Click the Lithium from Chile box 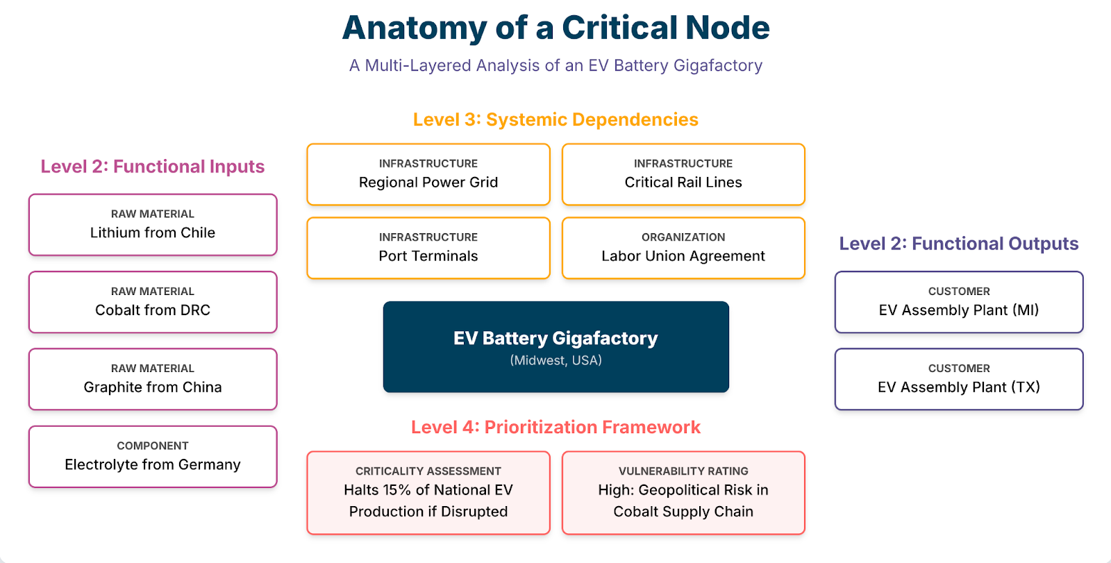pyautogui.click(x=153, y=225)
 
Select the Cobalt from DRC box pyautogui.click(x=153, y=302)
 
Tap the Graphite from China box pyautogui.click(x=153, y=379)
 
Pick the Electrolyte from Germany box pyautogui.click(x=153, y=457)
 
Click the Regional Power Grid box pyautogui.click(x=428, y=174)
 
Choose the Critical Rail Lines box pyautogui.click(x=683, y=174)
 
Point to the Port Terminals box pyautogui.click(x=428, y=248)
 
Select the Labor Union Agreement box pyautogui.click(x=683, y=248)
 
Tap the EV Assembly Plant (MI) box pyautogui.click(x=959, y=302)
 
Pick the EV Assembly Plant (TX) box pyautogui.click(x=959, y=379)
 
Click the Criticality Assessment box pyautogui.click(x=428, y=493)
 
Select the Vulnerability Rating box pyautogui.click(x=683, y=493)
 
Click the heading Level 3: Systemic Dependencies pyautogui.click(x=555, y=119)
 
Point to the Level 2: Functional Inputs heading pyautogui.click(x=153, y=167)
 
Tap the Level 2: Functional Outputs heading pyautogui.click(x=959, y=244)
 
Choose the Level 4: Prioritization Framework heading pyautogui.click(x=555, y=427)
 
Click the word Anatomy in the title pyautogui.click(x=415, y=28)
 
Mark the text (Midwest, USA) pyautogui.click(x=555, y=360)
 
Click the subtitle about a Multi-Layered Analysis pyautogui.click(x=555, y=65)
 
